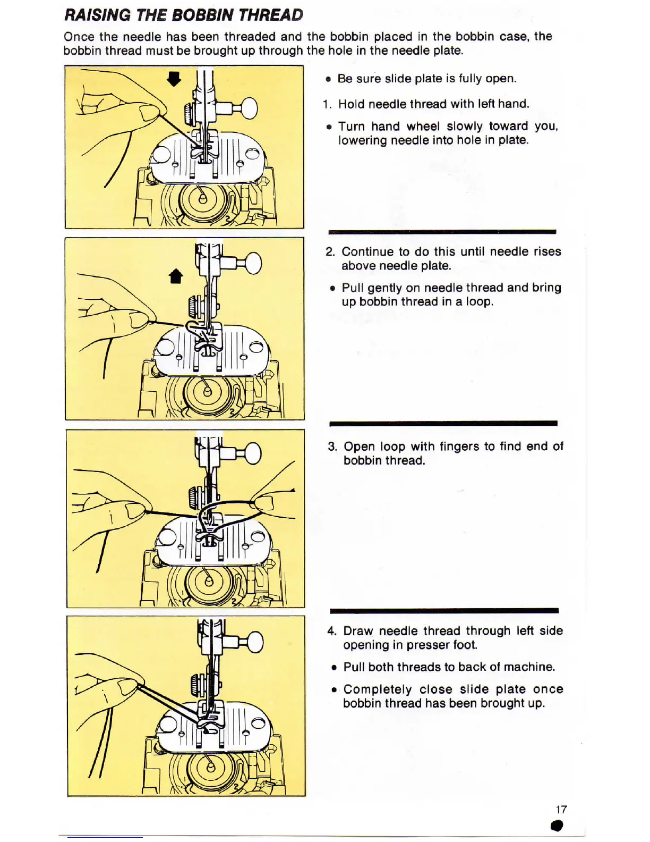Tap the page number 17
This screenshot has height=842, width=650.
561,809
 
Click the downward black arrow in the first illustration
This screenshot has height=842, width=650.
174,79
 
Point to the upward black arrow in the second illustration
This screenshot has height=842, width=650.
176,276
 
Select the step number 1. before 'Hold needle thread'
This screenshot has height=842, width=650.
327,104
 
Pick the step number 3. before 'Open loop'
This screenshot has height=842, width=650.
332,447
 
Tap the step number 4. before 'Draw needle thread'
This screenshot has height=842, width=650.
332,631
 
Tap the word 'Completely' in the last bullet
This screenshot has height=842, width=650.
377,689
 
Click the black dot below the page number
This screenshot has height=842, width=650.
557,826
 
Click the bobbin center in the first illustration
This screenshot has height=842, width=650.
202,200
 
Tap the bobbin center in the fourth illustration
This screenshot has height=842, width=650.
210,768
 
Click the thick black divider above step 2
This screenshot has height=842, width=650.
442,232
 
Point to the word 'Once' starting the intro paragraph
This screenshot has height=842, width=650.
79,37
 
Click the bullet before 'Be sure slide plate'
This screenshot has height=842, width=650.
329,79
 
